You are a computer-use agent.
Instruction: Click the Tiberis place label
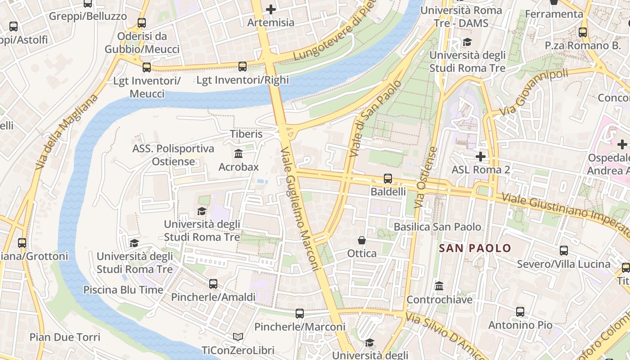246,134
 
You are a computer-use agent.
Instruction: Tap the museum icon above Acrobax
238,154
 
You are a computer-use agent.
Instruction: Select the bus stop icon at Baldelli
388,179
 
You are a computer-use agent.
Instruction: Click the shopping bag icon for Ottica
362,240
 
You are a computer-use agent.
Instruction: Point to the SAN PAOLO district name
475,248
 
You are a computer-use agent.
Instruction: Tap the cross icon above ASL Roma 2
481,157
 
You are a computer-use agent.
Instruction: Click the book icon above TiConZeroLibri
238,337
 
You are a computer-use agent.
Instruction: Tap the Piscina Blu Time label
123,290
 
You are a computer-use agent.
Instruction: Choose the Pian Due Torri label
65,337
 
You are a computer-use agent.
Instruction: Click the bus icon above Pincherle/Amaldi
213,284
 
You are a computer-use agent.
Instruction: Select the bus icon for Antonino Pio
520,311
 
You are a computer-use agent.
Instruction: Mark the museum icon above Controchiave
439,286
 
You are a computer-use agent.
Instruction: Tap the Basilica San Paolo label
437,227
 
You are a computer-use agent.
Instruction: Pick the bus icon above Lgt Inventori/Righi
243,67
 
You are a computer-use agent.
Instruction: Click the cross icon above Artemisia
271,9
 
